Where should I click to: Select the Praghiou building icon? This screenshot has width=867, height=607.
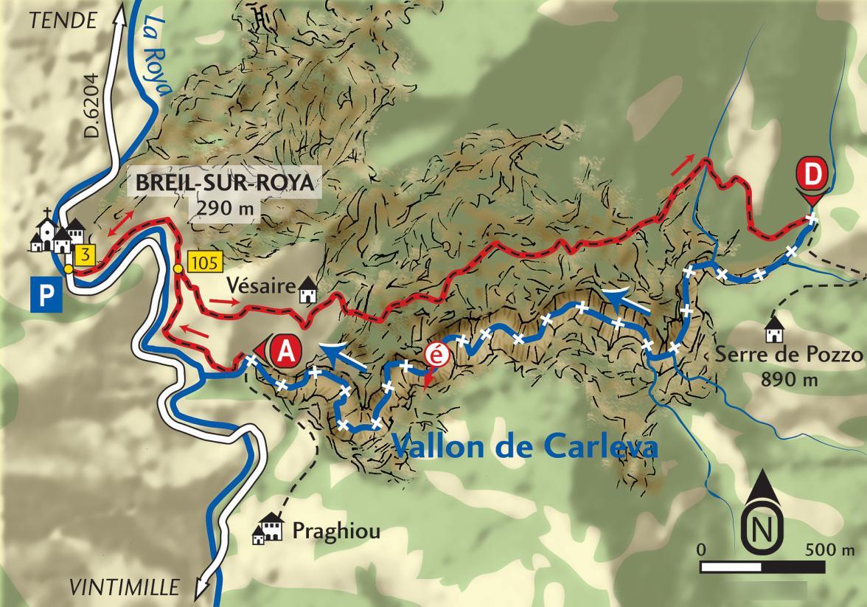(x=269, y=528)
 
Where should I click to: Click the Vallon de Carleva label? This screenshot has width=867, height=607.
(x=523, y=445)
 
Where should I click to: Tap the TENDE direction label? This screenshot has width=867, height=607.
(x=63, y=21)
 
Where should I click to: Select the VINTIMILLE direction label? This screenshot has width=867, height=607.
(x=125, y=587)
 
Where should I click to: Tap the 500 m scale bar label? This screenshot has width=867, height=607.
(x=829, y=550)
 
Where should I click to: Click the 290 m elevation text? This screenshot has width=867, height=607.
(x=226, y=208)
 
